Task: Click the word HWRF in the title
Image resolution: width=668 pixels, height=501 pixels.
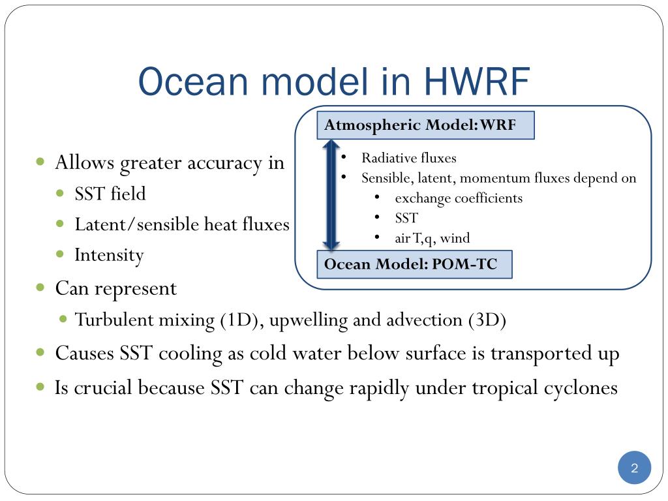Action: click(477, 81)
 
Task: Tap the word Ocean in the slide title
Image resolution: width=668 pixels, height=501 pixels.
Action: click(193, 81)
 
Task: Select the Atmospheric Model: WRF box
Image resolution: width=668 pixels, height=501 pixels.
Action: click(425, 125)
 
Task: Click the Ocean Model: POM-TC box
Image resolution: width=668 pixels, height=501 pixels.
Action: click(414, 264)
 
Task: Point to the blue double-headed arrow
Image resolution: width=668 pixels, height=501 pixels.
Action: click(331, 194)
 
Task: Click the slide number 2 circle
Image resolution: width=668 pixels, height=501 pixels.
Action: click(634, 468)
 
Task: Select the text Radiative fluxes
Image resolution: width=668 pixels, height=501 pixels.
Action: click(408, 158)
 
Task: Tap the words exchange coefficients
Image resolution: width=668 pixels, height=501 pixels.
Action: click(459, 198)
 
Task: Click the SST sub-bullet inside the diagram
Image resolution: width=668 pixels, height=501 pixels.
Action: click(406, 218)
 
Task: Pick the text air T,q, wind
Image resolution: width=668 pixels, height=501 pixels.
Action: click(432, 237)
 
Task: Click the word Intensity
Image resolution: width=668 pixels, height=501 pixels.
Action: click(109, 255)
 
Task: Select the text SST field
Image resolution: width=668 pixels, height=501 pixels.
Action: click(110, 193)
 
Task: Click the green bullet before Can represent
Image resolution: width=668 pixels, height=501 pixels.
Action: click(40, 288)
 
